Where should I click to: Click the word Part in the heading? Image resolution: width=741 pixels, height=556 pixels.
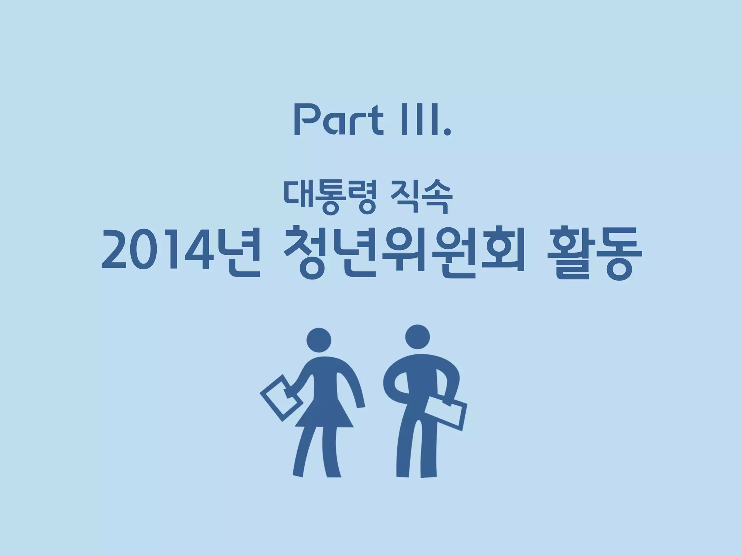[x=338, y=120]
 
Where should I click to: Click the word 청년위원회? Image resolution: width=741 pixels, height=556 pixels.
[x=404, y=252]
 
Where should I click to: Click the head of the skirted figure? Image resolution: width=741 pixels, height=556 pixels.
[x=319, y=340]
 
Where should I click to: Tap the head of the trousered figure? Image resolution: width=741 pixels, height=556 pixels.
[x=418, y=337]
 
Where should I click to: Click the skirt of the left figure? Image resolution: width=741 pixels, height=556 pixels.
[x=324, y=413]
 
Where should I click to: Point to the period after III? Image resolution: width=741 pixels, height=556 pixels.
[x=448, y=132]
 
